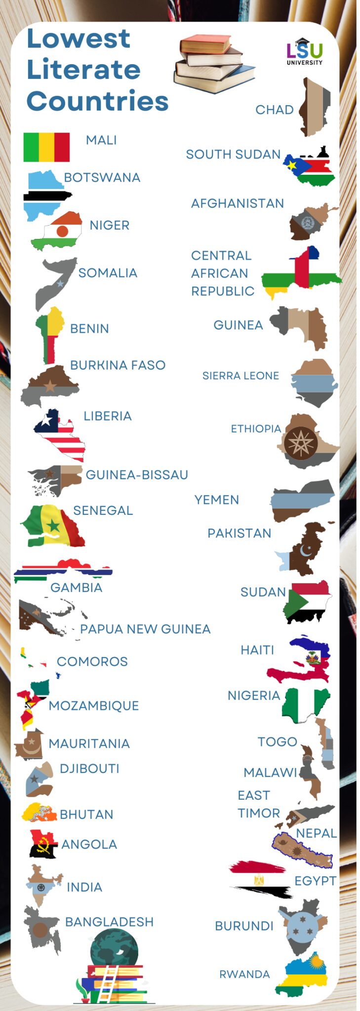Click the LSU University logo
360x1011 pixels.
pos(305,52)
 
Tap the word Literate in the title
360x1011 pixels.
pos(83,70)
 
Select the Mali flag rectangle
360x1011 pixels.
pos(46,147)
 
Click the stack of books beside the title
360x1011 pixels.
pos(214,64)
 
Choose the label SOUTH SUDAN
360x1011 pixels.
pos(233,155)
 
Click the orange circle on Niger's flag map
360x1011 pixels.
pos(63,231)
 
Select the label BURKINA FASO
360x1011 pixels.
pos(118,365)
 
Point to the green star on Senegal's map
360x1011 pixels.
pos(53,526)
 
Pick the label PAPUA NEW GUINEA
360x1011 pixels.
pos(145,629)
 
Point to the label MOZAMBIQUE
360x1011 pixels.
pos(94,706)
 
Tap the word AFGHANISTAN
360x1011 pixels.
pos(238,203)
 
